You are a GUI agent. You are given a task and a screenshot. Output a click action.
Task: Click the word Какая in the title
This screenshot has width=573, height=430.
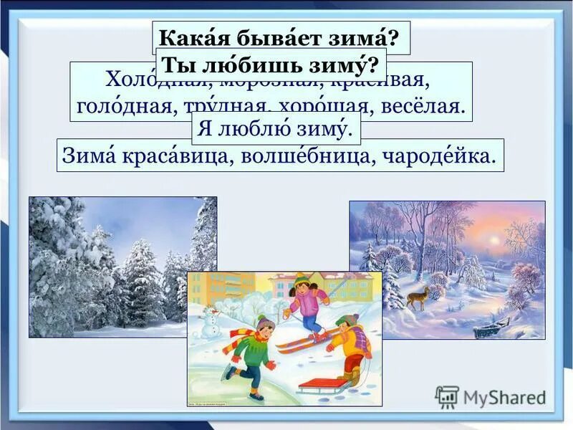click(186, 37)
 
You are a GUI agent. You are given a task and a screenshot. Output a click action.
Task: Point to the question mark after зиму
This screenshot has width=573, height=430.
click(372, 65)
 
